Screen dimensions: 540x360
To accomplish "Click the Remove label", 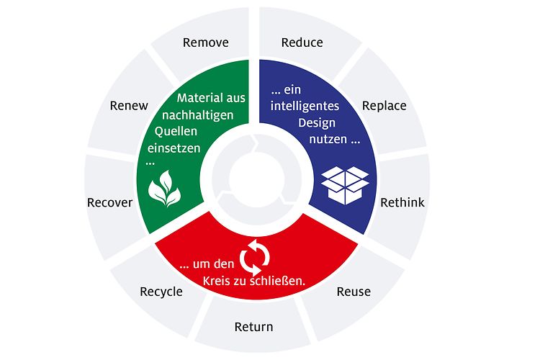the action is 206,42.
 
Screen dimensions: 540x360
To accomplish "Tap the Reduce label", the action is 302,42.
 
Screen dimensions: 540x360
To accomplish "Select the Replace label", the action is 384,106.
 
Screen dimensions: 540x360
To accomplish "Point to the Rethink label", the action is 402,202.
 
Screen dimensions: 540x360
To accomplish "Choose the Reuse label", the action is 354,292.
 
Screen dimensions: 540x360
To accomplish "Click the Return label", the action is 254,327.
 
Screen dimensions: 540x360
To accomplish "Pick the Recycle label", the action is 161,292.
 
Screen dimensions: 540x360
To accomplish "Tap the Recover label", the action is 110,202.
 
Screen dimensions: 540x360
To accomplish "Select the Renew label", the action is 129,105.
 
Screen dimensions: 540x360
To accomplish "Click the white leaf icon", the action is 165,189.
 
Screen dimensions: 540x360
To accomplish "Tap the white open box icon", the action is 345,185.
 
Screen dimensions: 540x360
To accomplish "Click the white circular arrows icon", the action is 254,257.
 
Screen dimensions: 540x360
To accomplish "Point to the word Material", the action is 197,98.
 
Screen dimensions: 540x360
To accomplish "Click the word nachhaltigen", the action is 198,115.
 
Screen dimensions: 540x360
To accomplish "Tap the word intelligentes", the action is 305,106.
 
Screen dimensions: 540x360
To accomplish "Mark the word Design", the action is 317,123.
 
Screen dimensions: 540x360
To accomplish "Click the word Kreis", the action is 216,281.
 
